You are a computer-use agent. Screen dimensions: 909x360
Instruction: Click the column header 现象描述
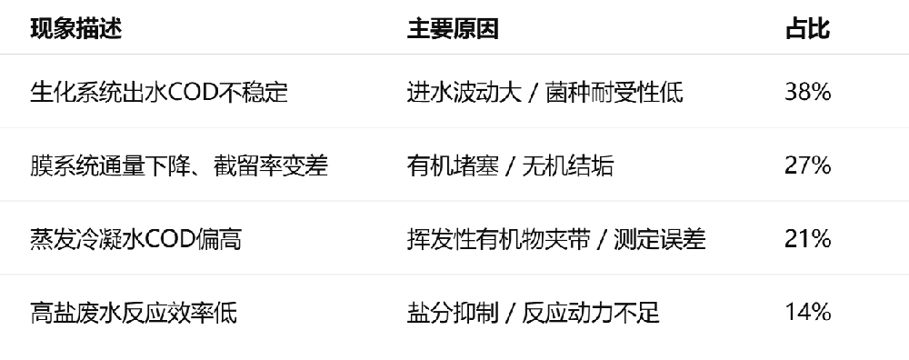[75, 29]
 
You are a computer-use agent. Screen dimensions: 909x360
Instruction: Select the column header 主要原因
[453, 29]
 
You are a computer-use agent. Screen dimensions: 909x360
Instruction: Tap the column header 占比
[807, 29]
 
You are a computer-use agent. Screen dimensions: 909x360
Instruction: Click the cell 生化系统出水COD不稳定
[159, 92]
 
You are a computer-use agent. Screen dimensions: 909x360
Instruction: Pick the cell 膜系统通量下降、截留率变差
[179, 165]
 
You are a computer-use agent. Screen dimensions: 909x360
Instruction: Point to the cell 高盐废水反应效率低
[134, 314]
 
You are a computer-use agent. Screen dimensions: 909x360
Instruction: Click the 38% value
[808, 92]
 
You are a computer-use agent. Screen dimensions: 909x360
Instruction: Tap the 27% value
[808, 165]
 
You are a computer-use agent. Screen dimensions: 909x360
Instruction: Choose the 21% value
[808, 239]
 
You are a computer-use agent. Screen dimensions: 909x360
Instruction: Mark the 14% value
[808, 314]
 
